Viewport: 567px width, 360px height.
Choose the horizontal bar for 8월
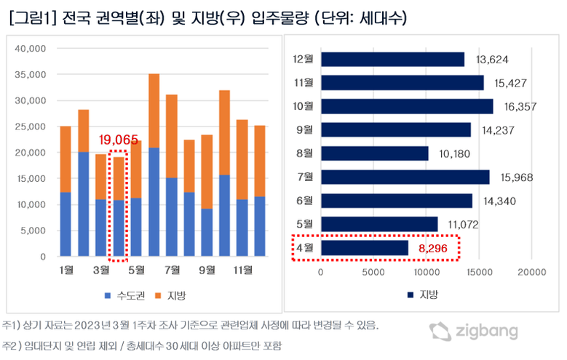point(375,153)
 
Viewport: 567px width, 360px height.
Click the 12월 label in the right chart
point(303,60)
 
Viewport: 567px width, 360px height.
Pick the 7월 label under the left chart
point(172,271)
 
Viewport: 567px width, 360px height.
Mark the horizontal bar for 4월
point(365,248)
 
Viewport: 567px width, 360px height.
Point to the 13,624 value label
point(492,60)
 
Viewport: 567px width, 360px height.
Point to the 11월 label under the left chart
point(242,271)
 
